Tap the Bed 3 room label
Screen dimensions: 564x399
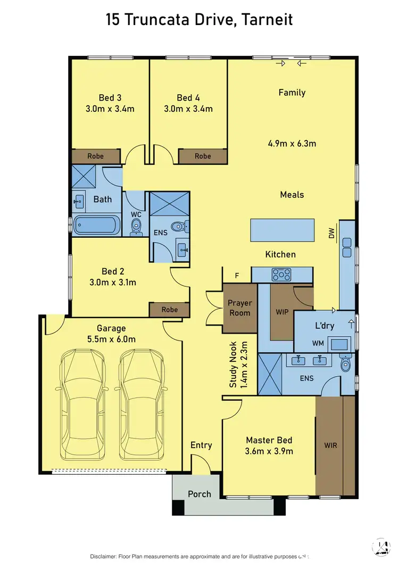pyautogui.click(x=110, y=97)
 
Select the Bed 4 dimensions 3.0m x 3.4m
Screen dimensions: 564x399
pyautogui.click(x=188, y=109)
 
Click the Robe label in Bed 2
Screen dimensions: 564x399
pyautogui.click(x=169, y=310)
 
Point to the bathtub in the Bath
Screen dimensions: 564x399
pyautogui.click(x=97, y=225)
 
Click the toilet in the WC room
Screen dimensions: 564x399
pyautogui.click(x=136, y=227)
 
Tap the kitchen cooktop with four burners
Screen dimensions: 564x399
pyautogui.click(x=281, y=275)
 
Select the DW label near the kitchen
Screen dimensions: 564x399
pyautogui.click(x=332, y=233)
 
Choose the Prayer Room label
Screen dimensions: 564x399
pyautogui.click(x=239, y=308)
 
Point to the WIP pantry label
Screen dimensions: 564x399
pyautogui.click(x=282, y=311)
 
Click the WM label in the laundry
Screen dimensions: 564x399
pyautogui.click(x=318, y=343)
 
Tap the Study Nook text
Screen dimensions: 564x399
pyautogui.click(x=233, y=364)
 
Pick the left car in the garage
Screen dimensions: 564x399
pyautogui.click(x=80, y=405)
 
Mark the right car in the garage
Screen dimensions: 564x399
pyautogui.click(x=140, y=405)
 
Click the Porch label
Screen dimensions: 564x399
pyautogui.click(x=199, y=494)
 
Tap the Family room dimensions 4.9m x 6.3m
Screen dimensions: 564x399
pyautogui.click(x=292, y=143)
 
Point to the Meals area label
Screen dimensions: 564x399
pyautogui.click(x=292, y=195)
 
